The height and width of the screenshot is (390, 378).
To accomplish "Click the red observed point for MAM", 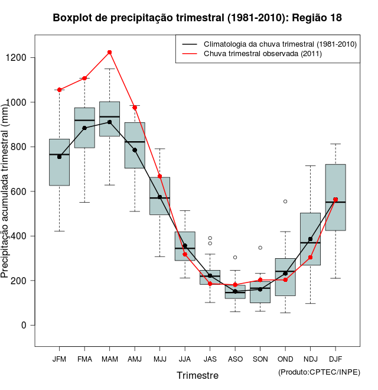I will point(110,53).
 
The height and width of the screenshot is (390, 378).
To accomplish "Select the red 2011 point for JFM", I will point(59,90).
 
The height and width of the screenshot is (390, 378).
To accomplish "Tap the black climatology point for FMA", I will point(84,128).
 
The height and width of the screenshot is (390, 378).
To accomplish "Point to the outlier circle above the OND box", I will point(285,201).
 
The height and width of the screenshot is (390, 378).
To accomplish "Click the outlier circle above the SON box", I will point(260,248).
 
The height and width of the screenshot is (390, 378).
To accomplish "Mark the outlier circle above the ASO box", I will point(235,257).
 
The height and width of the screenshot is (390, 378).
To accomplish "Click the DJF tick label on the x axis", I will point(335,359).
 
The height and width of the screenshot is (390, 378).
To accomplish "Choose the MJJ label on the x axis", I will point(159,359).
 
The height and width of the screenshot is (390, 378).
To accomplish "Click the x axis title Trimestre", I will point(197,375).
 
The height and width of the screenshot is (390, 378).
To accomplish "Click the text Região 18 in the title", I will point(317,18).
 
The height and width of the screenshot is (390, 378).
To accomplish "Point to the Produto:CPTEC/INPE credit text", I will point(318,372).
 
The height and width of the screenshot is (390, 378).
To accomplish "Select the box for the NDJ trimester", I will point(310,239).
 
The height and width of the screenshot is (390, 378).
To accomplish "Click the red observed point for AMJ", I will point(135,108).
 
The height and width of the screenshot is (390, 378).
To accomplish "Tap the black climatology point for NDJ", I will point(310,239).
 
